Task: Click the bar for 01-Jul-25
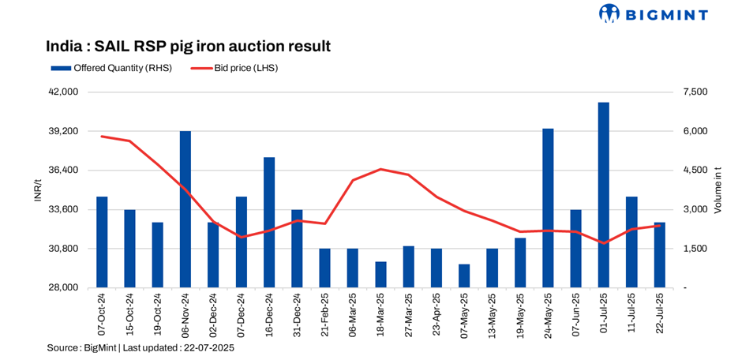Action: pyautogui.click(x=603, y=195)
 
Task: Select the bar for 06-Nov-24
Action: pyautogui.click(x=185, y=209)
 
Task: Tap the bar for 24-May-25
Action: pyautogui.click(x=548, y=208)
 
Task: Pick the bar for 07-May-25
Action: pyautogui.click(x=464, y=276)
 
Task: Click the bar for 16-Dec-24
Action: pyautogui.click(x=269, y=223)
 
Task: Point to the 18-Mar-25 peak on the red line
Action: pyautogui.click(x=380, y=169)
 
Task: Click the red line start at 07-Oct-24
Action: pyautogui.click(x=102, y=137)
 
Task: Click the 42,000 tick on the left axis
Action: pyautogui.click(x=63, y=92)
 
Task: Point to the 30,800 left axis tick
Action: pyautogui.click(x=63, y=249)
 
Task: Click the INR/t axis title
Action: pyautogui.click(x=37, y=189)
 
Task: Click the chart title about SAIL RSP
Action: pyautogui.click(x=188, y=46)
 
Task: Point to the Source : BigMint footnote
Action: pyautogui.click(x=140, y=347)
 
